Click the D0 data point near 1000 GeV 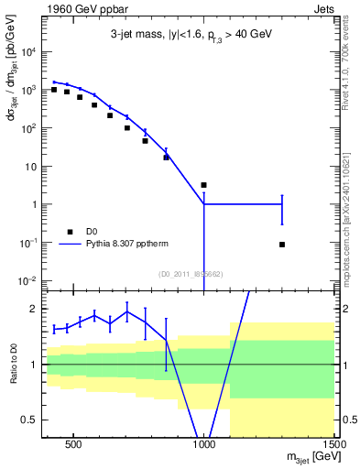[203, 185]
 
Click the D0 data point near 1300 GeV [281, 245]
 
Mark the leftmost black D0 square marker [54, 90]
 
